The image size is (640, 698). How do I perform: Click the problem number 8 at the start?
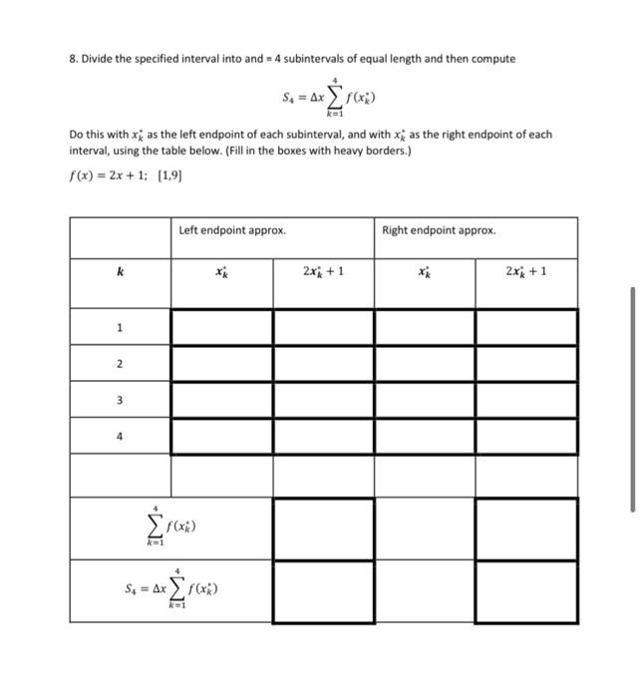pyautogui.click(x=73, y=59)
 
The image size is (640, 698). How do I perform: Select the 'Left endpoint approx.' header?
pyautogui.click(x=232, y=230)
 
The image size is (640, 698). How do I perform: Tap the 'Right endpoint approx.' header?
pyautogui.click(x=438, y=230)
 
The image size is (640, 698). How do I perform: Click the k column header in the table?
pyautogui.click(x=120, y=270)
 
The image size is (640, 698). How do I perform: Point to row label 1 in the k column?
pyautogui.click(x=120, y=327)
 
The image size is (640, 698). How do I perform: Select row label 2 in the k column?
pyautogui.click(x=120, y=364)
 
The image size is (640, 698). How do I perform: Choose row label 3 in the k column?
pyautogui.click(x=120, y=400)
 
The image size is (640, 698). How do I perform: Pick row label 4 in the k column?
pyautogui.click(x=120, y=436)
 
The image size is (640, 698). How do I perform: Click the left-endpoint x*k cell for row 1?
pyautogui.click(x=221, y=327)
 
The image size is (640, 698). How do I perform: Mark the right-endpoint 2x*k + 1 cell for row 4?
pyautogui.click(x=526, y=436)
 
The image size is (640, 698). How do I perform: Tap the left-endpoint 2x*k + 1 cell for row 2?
pyautogui.click(x=324, y=364)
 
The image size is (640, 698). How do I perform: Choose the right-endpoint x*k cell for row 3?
pyautogui.click(x=425, y=400)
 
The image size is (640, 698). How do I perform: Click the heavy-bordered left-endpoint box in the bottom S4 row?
pyautogui.click(x=324, y=592)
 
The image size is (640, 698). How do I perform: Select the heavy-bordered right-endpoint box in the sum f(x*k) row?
pyautogui.click(x=526, y=528)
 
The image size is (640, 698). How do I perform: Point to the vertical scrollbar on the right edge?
pyautogui.click(x=632, y=399)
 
